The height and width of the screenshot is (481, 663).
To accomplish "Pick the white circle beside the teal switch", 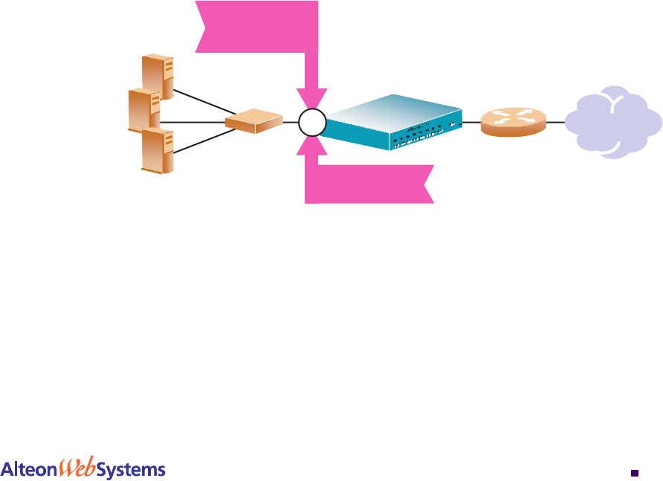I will tap(312, 123).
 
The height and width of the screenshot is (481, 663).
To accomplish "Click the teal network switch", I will tap(390, 122).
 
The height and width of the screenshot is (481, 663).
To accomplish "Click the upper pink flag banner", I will tap(257, 26).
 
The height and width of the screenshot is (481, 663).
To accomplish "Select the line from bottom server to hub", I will tap(201, 141).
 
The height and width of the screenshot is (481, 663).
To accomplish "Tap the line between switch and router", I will tap(471, 122).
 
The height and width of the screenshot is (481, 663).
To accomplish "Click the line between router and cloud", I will tap(556, 122).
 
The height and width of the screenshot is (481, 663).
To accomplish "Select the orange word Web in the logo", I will tap(77, 468).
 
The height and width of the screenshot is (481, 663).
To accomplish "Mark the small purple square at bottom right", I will tap(634, 471).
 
